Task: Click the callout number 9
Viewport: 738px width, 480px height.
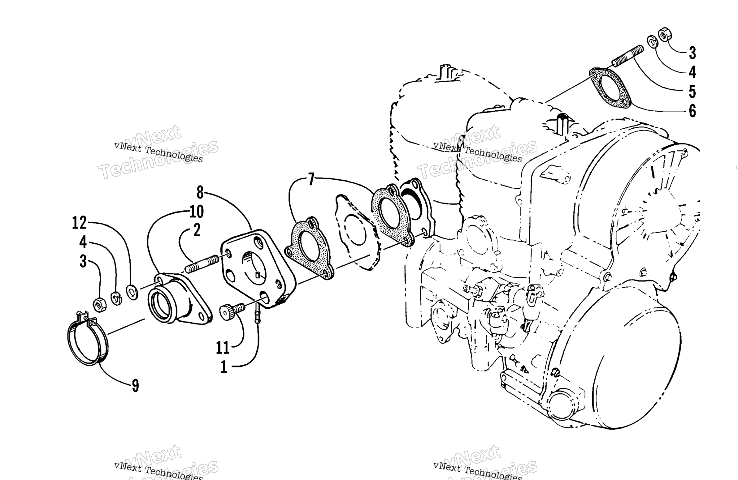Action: (x=136, y=386)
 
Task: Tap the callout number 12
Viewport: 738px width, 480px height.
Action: (x=79, y=223)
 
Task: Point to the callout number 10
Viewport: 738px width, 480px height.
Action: (x=197, y=212)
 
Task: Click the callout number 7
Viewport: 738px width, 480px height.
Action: (x=311, y=179)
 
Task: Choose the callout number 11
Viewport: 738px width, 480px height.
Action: (x=223, y=347)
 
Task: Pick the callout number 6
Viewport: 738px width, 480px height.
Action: (x=692, y=111)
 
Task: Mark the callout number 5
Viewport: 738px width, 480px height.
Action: (x=692, y=92)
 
